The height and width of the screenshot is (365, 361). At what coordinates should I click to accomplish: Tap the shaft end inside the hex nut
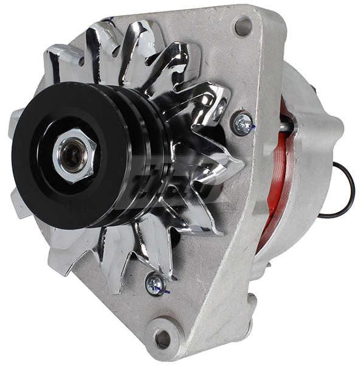(72, 155)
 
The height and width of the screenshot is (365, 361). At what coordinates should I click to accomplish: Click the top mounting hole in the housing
(243, 26)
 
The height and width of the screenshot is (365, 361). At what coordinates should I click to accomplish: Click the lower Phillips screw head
(156, 283)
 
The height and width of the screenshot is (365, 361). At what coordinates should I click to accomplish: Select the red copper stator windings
(277, 182)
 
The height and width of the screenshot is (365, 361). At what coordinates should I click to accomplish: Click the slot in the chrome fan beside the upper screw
(220, 109)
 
